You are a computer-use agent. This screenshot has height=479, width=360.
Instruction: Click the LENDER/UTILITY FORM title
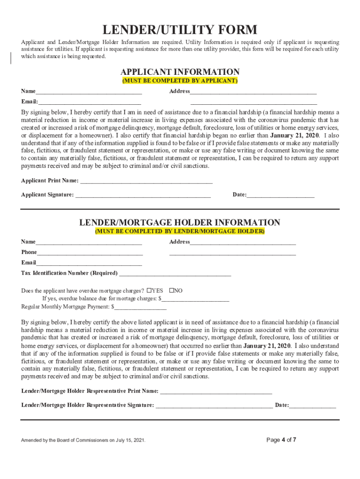(180, 30)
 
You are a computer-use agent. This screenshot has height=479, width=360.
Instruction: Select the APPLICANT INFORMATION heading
(180, 72)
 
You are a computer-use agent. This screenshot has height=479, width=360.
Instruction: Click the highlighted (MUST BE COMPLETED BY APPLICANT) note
(180, 81)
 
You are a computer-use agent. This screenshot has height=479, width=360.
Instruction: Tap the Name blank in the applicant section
(89, 91)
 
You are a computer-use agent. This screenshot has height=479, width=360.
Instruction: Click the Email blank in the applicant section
(90, 102)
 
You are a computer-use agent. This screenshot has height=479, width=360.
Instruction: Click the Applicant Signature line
(143, 194)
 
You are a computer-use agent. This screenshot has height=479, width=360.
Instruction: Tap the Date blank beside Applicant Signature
(281, 194)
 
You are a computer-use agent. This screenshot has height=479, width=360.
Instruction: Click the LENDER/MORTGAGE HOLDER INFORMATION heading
(180, 223)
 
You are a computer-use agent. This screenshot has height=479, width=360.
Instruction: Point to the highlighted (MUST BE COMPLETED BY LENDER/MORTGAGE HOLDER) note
(180, 232)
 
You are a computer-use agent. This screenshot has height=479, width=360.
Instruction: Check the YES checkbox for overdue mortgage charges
(149, 290)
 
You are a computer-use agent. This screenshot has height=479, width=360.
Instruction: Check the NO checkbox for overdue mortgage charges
(171, 290)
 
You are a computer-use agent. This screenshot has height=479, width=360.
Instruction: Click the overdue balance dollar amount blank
(195, 298)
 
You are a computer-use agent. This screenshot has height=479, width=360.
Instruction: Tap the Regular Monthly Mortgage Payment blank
(140, 307)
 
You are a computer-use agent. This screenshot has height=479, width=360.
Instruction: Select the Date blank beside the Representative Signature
(312, 405)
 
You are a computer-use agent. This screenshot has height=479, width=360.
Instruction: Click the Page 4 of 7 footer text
(281, 440)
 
